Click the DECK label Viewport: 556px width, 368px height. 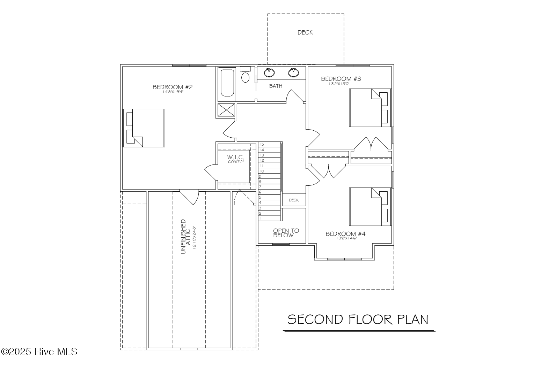305,32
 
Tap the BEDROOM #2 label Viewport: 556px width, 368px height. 173,87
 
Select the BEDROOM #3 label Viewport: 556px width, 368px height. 341,79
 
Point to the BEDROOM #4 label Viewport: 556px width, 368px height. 345,234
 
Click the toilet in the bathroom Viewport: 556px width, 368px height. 246,76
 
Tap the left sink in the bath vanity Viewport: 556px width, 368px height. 269,72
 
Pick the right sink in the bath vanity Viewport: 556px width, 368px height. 293,72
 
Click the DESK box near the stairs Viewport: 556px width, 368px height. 294,200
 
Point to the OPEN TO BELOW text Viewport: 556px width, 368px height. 286,233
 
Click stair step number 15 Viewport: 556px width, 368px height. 262,144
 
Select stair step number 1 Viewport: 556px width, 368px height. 260,219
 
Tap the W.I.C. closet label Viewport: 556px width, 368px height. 234,158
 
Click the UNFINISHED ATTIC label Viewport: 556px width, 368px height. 185,236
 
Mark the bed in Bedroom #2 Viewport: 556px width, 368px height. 144,128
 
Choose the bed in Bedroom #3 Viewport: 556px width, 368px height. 370,108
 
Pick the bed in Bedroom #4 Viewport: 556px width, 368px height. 370,207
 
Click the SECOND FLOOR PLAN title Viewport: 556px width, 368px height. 358,319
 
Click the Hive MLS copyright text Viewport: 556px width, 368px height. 39,352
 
